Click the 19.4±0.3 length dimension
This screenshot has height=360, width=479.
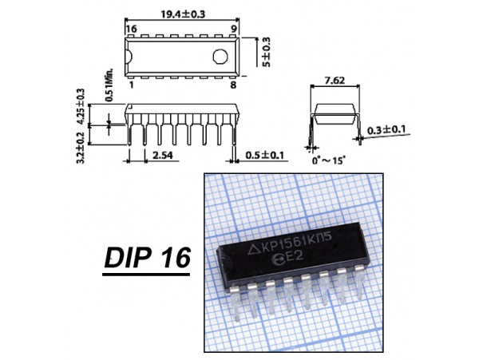pos(183,14)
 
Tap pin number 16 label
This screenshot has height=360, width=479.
pos(131,30)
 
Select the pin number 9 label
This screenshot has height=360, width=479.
pos(234,30)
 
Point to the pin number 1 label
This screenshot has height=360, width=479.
pos(132,85)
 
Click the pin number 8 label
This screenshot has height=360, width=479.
pos(233,85)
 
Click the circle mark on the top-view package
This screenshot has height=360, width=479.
pos(220,57)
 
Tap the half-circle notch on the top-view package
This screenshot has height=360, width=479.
pos(129,57)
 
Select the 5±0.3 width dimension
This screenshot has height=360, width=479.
pos(266,52)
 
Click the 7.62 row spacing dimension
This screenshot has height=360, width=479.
pos(335,81)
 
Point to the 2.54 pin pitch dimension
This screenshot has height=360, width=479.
pos(163,155)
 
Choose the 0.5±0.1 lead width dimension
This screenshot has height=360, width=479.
pos(264,155)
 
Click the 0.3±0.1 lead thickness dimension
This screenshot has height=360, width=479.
pos(386,130)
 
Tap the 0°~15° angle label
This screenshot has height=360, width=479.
pos(329,160)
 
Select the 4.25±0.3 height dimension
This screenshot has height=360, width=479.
pos(81,106)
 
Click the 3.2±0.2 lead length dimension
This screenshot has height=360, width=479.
pos(81,148)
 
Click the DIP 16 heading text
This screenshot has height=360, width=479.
pos(147,258)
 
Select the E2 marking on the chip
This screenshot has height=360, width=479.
pos(292,257)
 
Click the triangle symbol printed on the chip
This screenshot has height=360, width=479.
pos(253,251)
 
